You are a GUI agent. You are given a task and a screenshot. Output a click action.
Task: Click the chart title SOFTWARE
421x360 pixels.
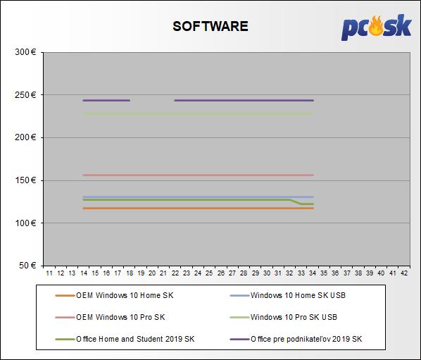210,26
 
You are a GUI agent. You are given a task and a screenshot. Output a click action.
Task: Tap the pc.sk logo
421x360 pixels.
377,27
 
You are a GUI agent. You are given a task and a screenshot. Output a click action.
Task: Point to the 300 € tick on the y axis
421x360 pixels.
25,52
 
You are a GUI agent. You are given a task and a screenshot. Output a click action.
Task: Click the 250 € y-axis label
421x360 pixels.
25,95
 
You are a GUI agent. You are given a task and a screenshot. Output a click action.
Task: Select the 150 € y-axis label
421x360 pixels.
25,180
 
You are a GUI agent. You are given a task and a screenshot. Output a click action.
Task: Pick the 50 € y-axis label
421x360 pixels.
27,266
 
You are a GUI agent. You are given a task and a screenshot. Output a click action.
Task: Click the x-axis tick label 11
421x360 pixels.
49,273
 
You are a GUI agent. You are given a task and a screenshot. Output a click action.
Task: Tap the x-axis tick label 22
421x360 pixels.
175,273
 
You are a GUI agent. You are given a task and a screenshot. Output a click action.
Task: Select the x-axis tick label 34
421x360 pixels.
313,273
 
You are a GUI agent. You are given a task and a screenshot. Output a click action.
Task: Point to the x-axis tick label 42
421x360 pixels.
404,273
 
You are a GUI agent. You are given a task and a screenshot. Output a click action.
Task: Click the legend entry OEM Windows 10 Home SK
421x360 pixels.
114,295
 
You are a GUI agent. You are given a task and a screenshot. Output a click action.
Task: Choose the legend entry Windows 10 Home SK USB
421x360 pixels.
287,295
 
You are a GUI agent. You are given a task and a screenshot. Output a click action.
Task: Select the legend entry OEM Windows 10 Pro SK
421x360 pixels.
110,317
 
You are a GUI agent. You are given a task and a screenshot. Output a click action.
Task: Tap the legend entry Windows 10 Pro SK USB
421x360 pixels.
283,317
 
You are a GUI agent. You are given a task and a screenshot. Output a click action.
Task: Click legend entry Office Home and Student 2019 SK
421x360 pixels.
125,339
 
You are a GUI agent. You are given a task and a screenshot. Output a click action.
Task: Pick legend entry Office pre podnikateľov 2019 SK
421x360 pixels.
296,339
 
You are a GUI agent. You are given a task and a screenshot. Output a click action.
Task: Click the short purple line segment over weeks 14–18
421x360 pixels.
106,101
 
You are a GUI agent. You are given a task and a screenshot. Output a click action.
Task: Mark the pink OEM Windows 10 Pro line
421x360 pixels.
198,175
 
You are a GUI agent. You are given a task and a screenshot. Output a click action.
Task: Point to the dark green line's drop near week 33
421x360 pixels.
296,202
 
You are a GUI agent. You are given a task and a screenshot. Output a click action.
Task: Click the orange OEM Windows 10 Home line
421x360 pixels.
198,209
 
